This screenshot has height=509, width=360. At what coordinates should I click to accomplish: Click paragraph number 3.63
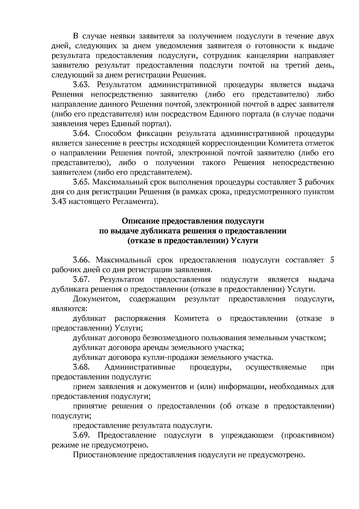tap(81, 85)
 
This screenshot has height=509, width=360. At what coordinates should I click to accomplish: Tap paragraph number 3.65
tap(81, 182)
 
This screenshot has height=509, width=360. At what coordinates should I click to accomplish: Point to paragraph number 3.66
tap(81, 260)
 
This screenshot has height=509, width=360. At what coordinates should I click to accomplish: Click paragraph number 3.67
tap(81, 280)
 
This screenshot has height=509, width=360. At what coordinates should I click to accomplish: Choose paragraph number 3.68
tap(81, 367)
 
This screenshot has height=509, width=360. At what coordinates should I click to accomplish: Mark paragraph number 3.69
tap(81, 435)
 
